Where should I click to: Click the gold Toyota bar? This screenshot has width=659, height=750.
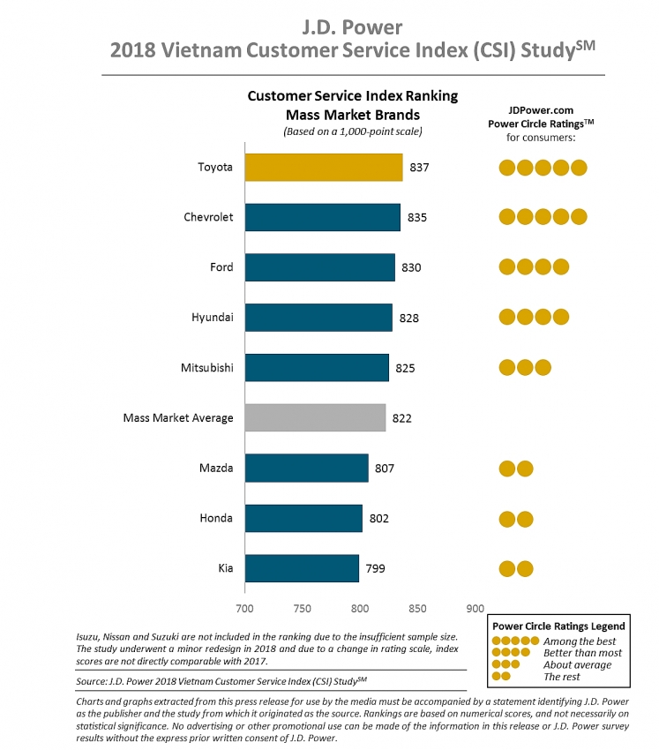click(x=323, y=167)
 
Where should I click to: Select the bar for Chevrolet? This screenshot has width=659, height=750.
click(x=322, y=217)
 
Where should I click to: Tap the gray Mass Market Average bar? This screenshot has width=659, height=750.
click(x=315, y=417)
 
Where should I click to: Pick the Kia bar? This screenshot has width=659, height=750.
click(x=302, y=568)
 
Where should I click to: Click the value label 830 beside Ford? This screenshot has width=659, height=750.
click(x=411, y=267)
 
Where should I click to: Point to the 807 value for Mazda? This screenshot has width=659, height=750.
click(x=385, y=468)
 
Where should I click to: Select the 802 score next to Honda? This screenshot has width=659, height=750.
click(x=378, y=518)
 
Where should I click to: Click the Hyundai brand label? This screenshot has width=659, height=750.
click(x=213, y=318)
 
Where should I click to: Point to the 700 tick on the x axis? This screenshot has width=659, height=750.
click(x=245, y=608)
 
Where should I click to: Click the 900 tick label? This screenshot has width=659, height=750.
click(x=475, y=608)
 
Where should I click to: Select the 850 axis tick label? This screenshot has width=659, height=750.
click(x=417, y=608)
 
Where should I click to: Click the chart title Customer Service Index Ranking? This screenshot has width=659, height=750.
click(x=353, y=96)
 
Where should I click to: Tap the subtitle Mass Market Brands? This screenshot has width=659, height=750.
click(x=353, y=115)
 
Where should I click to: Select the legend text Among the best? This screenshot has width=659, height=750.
click(x=580, y=641)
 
